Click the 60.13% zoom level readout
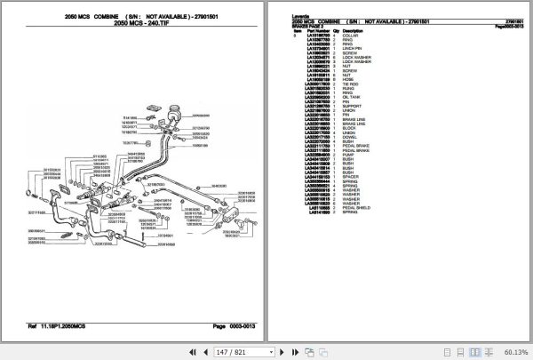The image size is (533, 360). point(513,352)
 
